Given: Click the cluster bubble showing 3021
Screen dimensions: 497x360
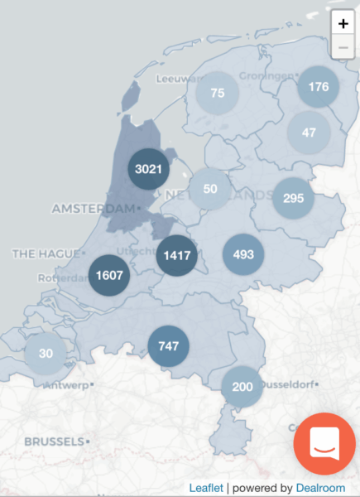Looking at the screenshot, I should (149, 170).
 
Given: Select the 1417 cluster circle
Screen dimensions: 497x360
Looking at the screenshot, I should (177, 254).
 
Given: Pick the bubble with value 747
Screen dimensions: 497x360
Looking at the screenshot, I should (168, 346).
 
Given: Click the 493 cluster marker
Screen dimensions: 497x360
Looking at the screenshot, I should (243, 254).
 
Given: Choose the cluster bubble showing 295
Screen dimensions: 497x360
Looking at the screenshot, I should (293, 198).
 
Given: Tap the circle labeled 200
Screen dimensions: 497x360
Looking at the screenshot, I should (242, 387).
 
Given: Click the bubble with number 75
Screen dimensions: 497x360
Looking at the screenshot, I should (218, 94).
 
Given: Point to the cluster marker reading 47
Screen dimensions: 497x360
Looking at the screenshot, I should (309, 132).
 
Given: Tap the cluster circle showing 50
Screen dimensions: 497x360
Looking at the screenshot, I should (210, 189).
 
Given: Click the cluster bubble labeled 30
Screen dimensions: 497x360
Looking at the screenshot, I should (46, 354).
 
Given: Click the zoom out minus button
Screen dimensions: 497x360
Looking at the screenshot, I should (343, 48).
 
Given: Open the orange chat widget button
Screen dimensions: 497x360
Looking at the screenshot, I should (324, 443).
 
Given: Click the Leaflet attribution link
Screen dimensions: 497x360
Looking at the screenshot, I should (206, 488).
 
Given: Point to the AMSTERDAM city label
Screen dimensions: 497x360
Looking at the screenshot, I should (92, 209).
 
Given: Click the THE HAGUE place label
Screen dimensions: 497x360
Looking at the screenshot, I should (44, 253).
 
